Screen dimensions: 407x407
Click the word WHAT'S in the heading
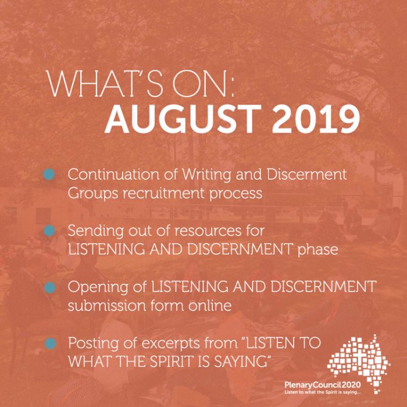click(x=105, y=84)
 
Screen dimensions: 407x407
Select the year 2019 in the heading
click(x=316, y=119)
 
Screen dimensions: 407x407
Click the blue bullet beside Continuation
click(x=49, y=174)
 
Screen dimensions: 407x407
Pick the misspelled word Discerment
click(x=307, y=174)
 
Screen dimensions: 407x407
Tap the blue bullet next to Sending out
click(x=49, y=230)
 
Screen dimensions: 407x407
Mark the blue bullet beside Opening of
click(x=49, y=287)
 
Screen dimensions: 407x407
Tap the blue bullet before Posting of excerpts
click(x=50, y=343)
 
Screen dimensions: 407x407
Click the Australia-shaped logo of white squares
click(x=359, y=363)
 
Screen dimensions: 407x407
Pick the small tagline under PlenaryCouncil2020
click(x=322, y=392)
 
